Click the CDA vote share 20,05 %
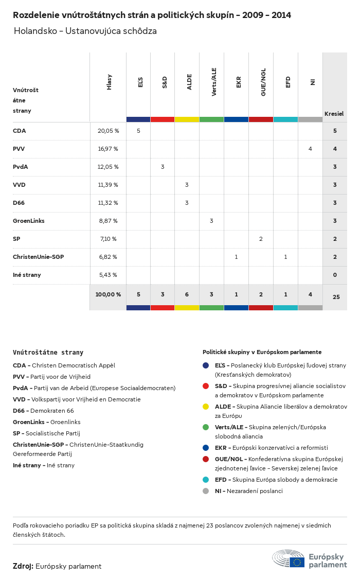(x=108, y=131)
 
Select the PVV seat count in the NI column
(x=310, y=149)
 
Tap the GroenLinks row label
(x=29, y=221)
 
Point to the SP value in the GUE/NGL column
(x=261, y=239)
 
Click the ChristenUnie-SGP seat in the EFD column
(x=285, y=257)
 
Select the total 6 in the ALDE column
(x=187, y=294)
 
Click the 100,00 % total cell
(x=108, y=294)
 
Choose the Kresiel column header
(x=334, y=113)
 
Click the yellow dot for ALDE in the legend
(x=206, y=407)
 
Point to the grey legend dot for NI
(x=206, y=491)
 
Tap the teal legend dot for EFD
(x=206, y=480)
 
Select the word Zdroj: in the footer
(x=23, y=566)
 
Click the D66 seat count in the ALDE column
(x=187, y=203)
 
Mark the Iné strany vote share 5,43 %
(x=107, y=275)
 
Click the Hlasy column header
(x=109, y=82)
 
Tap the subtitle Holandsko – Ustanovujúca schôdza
(x=85, y=31)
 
